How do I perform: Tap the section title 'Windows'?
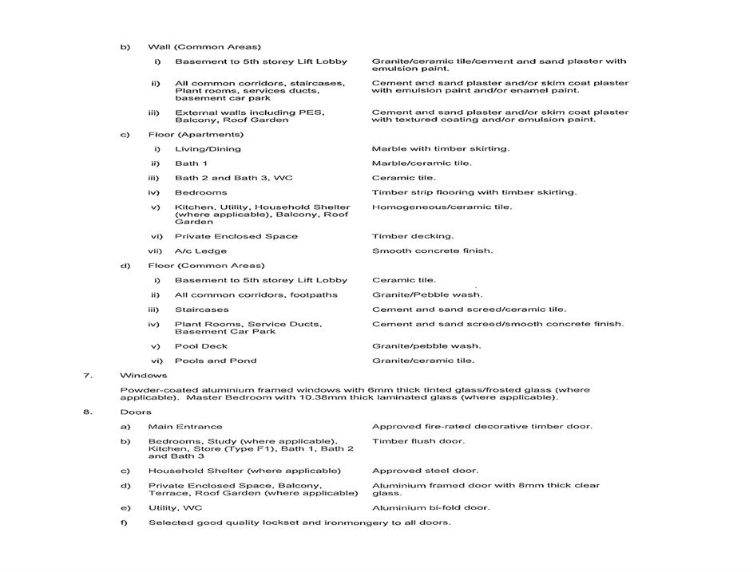pos(144,375)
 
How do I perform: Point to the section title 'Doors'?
pos(137,412)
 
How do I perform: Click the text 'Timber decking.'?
pos(412,236)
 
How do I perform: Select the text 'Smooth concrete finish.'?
pos(432,250)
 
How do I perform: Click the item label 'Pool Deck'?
pos(201,346)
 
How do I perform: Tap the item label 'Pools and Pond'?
pos(216,361)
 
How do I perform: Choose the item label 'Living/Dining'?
pos(208,148)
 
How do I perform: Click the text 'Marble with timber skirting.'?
pos(440,148)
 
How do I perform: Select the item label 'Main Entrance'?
pos(185,426)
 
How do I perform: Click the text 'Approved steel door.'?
pos(425,471)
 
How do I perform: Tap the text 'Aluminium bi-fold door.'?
pos(431,507)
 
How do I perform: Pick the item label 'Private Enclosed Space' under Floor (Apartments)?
pos(236,236)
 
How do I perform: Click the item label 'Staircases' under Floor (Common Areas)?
pos(201,310)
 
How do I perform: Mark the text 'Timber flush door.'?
pos(418,441)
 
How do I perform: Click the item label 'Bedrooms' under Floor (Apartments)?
pos(200,192)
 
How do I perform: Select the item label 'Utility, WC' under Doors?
pos(175,507)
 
